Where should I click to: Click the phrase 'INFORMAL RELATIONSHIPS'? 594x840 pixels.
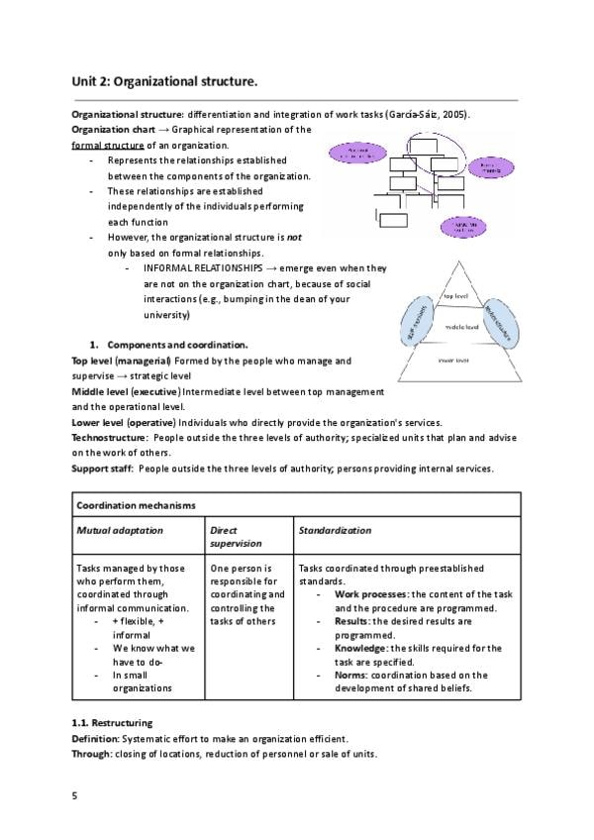(209, 268)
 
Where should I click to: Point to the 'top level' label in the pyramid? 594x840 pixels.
(455, 295)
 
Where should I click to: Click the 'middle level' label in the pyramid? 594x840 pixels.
(461, 326)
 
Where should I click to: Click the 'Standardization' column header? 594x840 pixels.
(335, 531)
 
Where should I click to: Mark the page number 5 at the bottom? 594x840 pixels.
(74, 795)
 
